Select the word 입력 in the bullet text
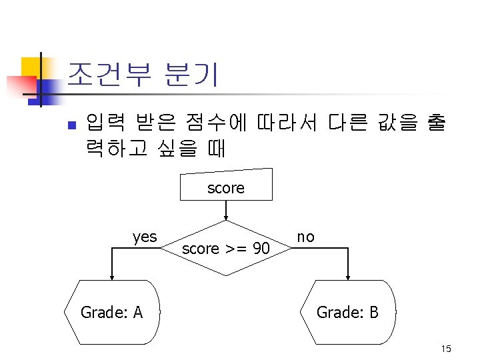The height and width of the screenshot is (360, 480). click(103, 123)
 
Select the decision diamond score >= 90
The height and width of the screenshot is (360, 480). click(226, 249)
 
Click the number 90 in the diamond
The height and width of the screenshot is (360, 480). click(261, 249)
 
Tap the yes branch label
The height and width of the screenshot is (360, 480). click(145, 237)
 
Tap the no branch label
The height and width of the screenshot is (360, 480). click(306, 237)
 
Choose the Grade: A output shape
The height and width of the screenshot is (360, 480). click(112, 311)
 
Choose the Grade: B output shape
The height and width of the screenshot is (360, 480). click(348, 311)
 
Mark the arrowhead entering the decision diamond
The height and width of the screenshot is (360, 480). click(226, 216)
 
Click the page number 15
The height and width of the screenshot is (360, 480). click(446, 349)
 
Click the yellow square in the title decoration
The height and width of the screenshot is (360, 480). click(31, 67)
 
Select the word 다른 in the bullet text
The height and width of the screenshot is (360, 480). click(345, 123)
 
